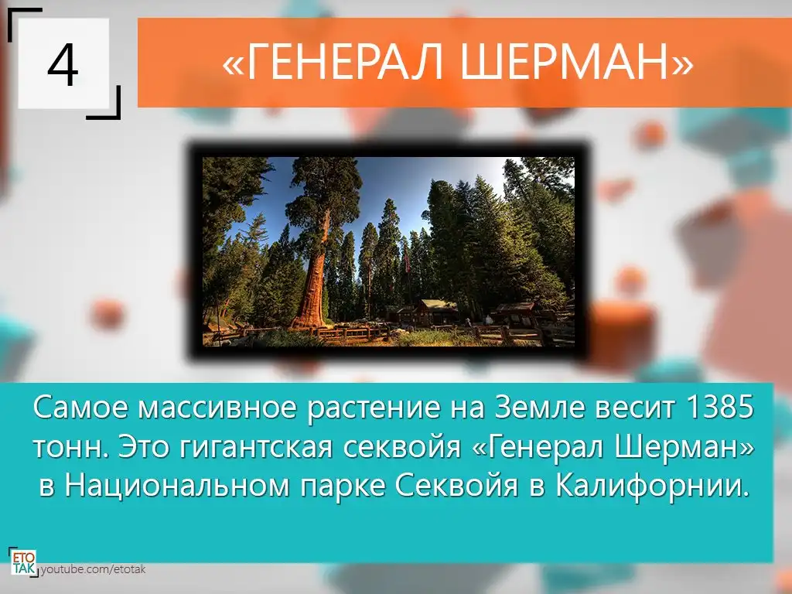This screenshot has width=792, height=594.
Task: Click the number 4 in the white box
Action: (63, 65)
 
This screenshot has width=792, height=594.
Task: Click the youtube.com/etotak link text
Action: (93, 570)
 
